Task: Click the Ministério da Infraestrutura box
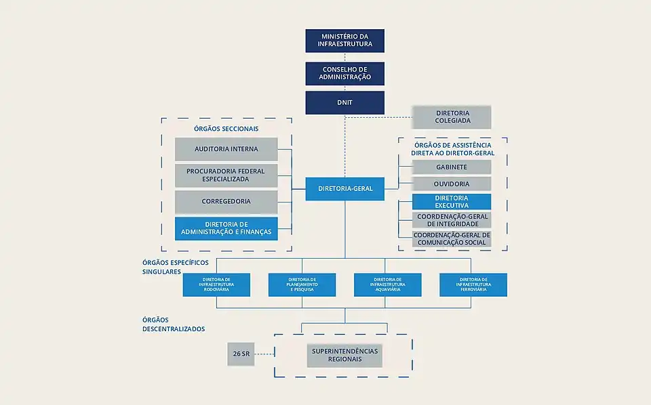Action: pyautogui.click(x=344, y=41)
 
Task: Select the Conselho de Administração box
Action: pyautogui.click(x=344, y=74)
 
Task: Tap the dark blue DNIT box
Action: pyautogui.click(x=344, y=103)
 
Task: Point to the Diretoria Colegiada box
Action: pyautogui.click(x=452, y=117)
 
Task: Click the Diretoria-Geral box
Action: pyautogui.click(x=344, y=188)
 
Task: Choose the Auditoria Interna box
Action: pyautogui.click(x=226, y=149)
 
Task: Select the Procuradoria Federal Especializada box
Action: pyautogui.click(x=226, y=175)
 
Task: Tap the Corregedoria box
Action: pyautogui.click(x=226, y=202)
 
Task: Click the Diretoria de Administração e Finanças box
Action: pyautogui.click(x=226, y=228)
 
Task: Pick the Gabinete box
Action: pyautogui.click(x=452, y=167)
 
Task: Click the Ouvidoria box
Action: pyautogui.click(x=452, y=184)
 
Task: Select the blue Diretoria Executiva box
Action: pyautogui.click(x=452, y=202)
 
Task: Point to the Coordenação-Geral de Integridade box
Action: pyautogui.click(x=452, y=220)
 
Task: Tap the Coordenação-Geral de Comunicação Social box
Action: pyautogui.click(x=452, y=238)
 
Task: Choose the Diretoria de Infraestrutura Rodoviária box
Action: pyautogui.click(x=217, y=284)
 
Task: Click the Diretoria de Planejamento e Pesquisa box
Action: pyautogui.click(x=302, y=284)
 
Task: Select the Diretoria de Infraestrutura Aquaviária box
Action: pyautogui.click(x=388, y=284)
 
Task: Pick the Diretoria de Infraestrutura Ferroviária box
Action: pyautogui.click(x=473, y=284)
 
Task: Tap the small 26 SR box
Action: pyautogui.click(x=241, y=354)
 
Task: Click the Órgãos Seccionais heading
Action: pyautogui.click(x=226, y=129)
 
